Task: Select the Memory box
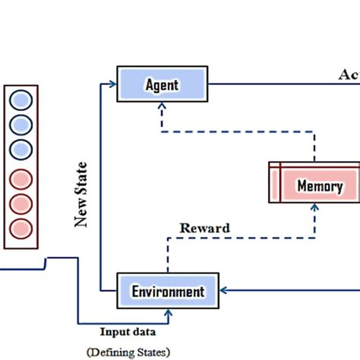314,185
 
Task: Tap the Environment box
168,291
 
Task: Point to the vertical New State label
81,194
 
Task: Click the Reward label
204,228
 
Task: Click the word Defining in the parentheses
116,351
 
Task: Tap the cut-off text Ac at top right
348,75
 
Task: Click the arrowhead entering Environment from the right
223,289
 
